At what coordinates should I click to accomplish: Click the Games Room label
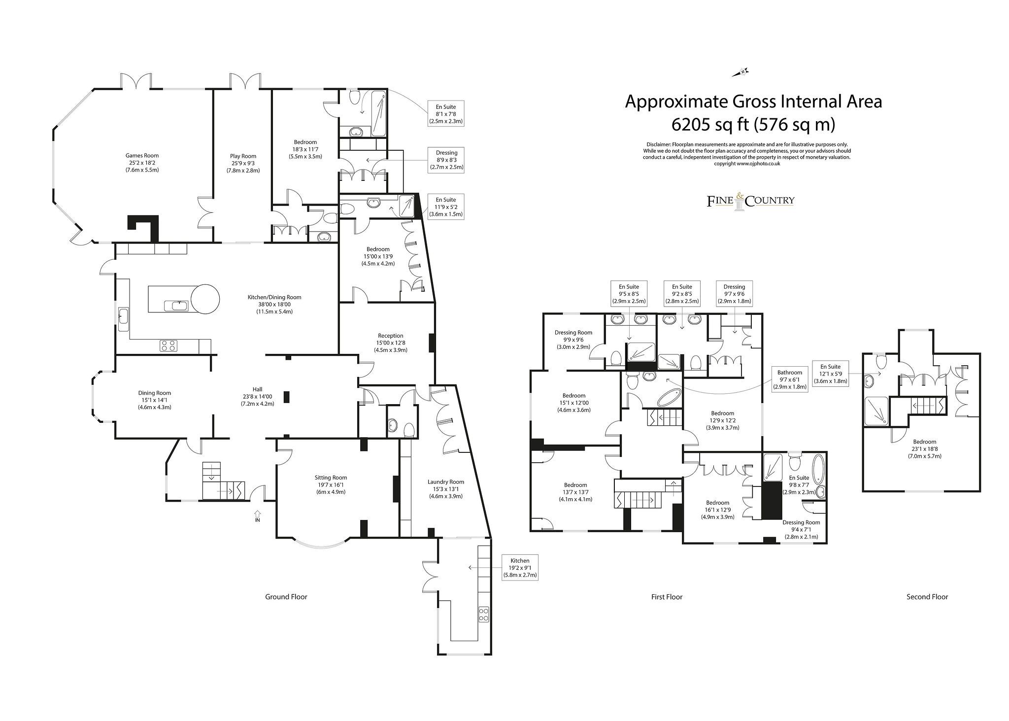(x=142, y=155)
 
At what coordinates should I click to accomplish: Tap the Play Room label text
(x=243, y=156)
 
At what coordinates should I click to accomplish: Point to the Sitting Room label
(x=331, y=477)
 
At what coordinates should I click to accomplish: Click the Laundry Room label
(x=445, y=482)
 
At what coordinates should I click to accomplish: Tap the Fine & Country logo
(x=750, y=201)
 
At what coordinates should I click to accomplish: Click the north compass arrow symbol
(x=740, y=73)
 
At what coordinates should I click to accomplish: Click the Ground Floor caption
(x=286, y=597)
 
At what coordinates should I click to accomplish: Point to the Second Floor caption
(x=927, y=597)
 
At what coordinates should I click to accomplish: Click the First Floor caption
(x=666, y=597)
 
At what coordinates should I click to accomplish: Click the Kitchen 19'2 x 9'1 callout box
(x=520, y=567)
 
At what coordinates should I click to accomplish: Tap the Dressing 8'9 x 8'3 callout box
(x=446, y=160)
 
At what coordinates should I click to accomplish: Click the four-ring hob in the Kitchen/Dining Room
(x=168, y=346)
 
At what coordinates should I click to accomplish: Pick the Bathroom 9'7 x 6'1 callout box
(x=789, y=379)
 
